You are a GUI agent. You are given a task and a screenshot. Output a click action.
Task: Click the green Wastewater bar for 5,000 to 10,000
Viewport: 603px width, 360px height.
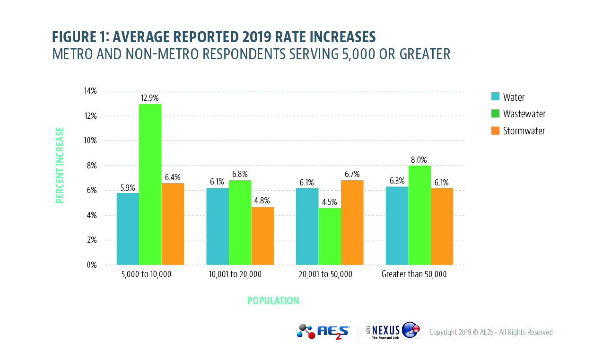coord(150,184)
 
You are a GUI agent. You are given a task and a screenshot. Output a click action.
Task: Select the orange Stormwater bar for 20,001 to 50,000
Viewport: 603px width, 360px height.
coord(352,222)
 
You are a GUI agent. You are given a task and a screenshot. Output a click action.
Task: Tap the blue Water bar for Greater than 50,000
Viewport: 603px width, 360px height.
coord(397,226)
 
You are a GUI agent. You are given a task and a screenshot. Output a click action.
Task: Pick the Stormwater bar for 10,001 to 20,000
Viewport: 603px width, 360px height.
coord(262,236)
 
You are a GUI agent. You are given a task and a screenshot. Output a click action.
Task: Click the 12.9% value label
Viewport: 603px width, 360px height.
coord(150,98)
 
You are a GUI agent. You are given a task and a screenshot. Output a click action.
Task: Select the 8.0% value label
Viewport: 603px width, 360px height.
coord(419,159)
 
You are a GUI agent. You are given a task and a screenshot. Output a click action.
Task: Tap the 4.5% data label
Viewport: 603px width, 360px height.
coord(330,202)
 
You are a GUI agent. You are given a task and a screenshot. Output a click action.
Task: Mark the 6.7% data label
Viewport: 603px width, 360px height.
coord(352,174)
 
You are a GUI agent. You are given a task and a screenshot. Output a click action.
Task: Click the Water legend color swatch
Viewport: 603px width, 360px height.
coord(496,97)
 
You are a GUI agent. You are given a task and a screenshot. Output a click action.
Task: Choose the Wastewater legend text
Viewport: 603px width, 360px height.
coord(524,114)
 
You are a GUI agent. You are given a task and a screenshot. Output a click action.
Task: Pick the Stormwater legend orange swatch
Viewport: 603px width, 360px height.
coord(496,131)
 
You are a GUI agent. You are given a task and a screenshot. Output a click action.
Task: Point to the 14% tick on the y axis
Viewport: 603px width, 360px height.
coord(90,91)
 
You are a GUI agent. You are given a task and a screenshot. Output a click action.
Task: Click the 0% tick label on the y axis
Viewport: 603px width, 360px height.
coord(91,265)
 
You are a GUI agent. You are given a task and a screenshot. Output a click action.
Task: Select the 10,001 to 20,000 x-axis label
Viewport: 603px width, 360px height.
coord(236,274)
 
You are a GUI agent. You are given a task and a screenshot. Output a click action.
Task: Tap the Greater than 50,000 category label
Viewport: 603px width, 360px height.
coord(414,274)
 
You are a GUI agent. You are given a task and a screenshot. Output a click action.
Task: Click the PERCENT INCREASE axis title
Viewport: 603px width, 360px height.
coord(60,165)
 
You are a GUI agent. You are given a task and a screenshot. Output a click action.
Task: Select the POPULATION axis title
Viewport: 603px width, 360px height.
coord(273,301)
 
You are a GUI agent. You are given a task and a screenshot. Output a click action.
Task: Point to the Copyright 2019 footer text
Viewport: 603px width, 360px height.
coord(490,332)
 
